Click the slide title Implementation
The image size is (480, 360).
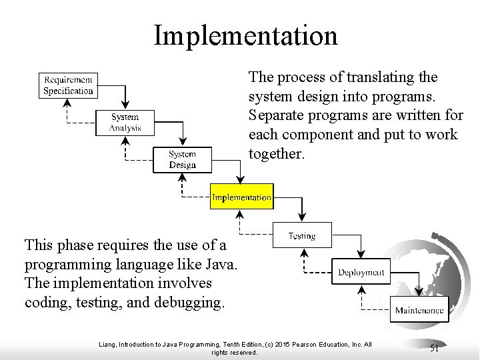point(245,35)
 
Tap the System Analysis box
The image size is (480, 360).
point(125,123)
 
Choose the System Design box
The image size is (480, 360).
point(182,159)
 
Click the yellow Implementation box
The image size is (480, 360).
point(241,197)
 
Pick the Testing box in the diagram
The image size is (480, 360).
point(302,236)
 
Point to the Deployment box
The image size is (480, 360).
point(361,272)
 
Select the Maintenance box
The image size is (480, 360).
point(419,310)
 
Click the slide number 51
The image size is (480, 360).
point(434,348)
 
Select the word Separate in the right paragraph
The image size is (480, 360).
point(274,116)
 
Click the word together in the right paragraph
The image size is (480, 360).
point(276,155)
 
